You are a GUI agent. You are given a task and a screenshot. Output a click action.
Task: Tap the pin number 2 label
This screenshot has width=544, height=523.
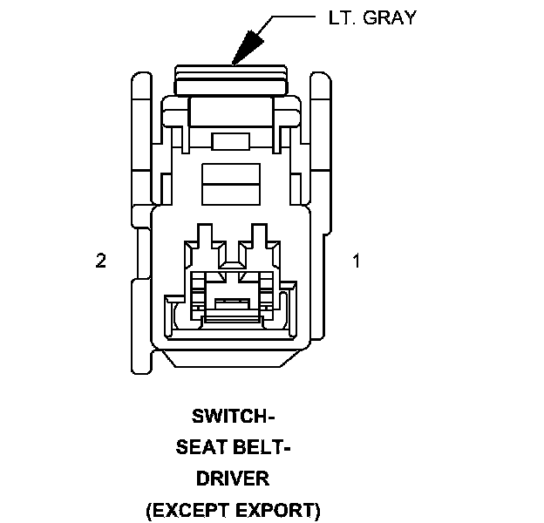(x=101, y=261)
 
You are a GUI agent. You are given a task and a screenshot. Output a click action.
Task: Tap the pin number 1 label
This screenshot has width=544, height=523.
(x=355, y=261)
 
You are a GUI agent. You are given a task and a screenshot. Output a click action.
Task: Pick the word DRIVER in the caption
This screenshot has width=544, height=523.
(x=233, y=479)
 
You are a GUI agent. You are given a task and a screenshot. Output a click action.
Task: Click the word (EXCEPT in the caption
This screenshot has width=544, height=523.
(x=185, y=510)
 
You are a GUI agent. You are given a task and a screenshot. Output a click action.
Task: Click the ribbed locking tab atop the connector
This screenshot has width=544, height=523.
(x=232, y=80)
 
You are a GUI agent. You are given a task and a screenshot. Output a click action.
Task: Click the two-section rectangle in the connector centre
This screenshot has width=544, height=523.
(x=232, y=182)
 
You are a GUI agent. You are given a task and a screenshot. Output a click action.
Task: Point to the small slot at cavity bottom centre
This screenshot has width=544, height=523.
(x=232, y=302)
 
